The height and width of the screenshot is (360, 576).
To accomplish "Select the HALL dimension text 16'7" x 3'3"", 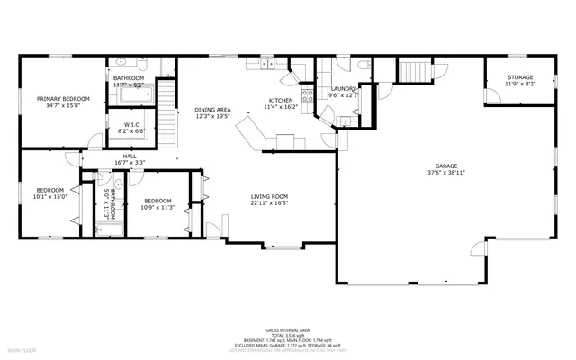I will click(130, 163).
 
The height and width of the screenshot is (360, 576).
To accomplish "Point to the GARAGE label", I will click(446, 166).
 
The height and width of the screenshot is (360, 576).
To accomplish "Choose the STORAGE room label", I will click(519, 78).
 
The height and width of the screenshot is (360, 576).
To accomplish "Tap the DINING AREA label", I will click(212, 110).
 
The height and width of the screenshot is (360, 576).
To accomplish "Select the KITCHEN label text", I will click(281, 100).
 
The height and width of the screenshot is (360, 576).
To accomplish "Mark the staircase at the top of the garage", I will click(415, 71).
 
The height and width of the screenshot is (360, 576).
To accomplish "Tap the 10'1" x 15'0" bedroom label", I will click(49, 190).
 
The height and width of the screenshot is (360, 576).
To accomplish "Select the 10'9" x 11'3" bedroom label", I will click(157, 201).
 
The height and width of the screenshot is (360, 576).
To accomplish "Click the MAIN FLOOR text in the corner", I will click(22, 348).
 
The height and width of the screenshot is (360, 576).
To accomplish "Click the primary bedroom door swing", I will click(94, 140).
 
